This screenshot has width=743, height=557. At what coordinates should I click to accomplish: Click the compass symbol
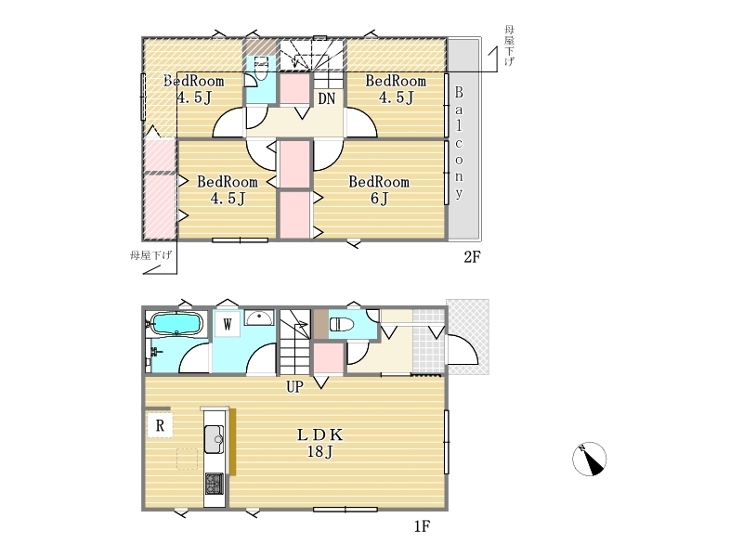[x=590, y=459]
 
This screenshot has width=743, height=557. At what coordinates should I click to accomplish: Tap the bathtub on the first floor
[x=176, y=324]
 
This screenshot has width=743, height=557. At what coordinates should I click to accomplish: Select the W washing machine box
[x=228, y=324]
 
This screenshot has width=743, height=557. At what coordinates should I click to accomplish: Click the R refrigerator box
[x=160, y=425]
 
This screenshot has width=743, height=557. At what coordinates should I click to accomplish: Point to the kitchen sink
[x=214, y=439]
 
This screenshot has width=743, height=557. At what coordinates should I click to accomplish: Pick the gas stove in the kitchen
[x=214, y=484]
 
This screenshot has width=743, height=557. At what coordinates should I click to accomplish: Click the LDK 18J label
[x=319, y=443]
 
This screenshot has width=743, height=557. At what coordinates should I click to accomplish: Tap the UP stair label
[x=294, y=387]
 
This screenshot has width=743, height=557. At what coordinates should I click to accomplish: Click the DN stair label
[x=327, y=99]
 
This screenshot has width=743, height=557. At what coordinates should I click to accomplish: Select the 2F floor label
[x=472, y=257]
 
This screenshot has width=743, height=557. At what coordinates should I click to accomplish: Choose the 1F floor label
[x=422, y=525]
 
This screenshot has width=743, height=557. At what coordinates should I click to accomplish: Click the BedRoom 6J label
[x=379, y=189]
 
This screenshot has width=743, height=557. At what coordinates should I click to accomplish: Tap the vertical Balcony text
[x=459, y=143]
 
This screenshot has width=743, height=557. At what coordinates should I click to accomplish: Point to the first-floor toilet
[x=342, y=324]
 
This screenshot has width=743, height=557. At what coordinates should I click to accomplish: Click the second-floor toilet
[x=262, y=68]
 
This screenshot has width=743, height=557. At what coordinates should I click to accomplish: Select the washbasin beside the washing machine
[x=259, y=317]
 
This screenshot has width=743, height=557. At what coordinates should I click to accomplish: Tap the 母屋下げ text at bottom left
[x=151, y=256]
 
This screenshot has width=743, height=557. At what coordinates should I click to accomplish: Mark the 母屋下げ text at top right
[x=509, y=45]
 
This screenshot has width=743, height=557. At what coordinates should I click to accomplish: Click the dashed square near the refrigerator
[x=188, y=459]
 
